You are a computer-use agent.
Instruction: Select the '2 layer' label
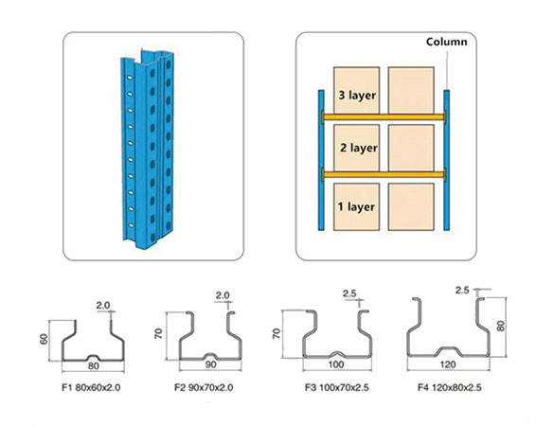358,149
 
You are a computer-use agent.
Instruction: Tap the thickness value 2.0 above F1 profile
104,306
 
